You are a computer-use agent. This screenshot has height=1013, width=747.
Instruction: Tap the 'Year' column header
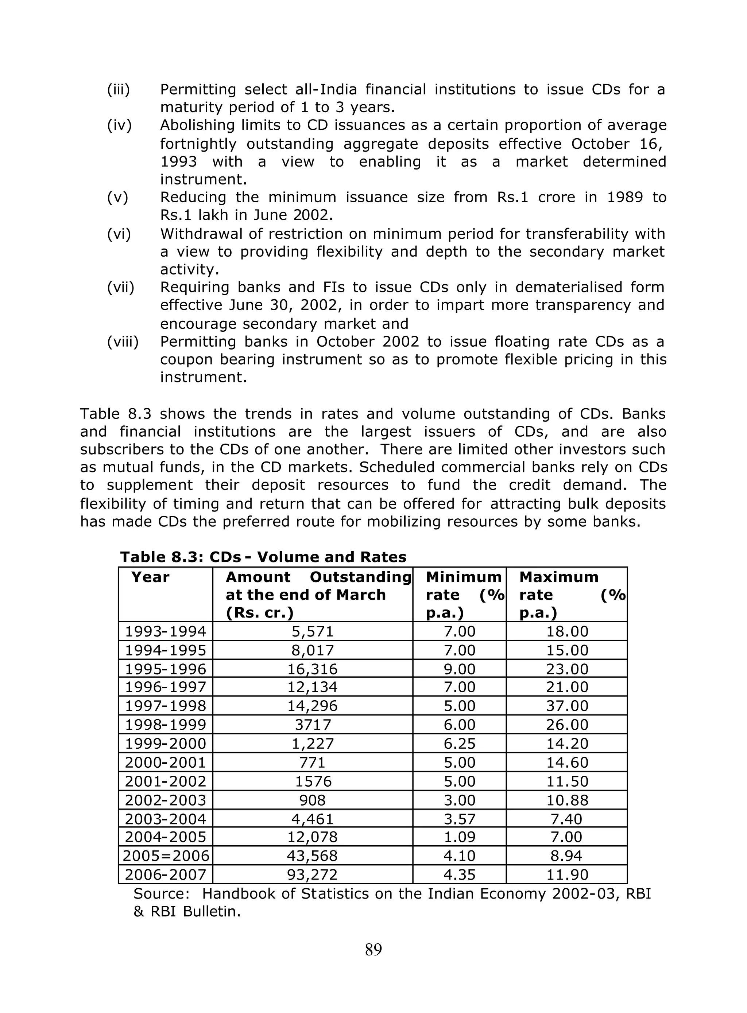click(150, 577)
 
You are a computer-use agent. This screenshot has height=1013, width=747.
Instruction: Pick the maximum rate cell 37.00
click(567, 706)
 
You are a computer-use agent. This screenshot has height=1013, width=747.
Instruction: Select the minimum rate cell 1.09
click(460, 837)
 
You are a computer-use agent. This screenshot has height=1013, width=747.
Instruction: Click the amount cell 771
click(313, 763)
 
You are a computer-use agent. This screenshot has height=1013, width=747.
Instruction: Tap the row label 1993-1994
click(166, 631)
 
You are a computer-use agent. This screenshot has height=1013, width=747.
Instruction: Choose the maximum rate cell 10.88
click(567, 800)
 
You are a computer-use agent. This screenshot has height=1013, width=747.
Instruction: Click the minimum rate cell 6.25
click(460, 744)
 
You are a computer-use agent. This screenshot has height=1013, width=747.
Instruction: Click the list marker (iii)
click(118, 89)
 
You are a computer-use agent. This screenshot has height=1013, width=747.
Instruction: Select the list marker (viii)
click(123, 342)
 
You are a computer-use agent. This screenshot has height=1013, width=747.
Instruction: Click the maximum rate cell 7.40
click(567, 819)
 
